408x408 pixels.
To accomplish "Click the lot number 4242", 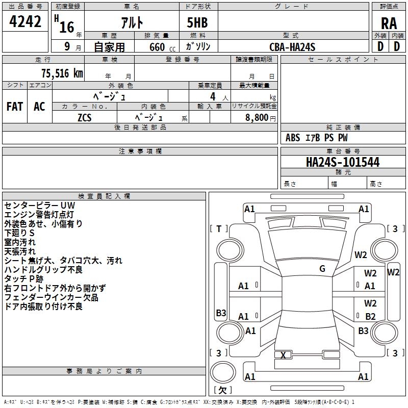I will (x=25, y=22).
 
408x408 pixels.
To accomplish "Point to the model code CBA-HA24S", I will (x=292, y=46).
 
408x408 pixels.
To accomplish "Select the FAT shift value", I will (x=14, y=107).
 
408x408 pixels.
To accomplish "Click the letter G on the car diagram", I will (x=322, y=269).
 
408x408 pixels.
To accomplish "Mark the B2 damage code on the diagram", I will (x=370, y=317).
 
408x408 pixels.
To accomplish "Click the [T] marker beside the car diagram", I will (x=219, y=228).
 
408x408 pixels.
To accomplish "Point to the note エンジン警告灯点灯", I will (x=39, y=215).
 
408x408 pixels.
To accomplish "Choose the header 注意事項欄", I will (x=140, y=151).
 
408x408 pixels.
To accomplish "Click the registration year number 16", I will (x=66, y=27).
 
